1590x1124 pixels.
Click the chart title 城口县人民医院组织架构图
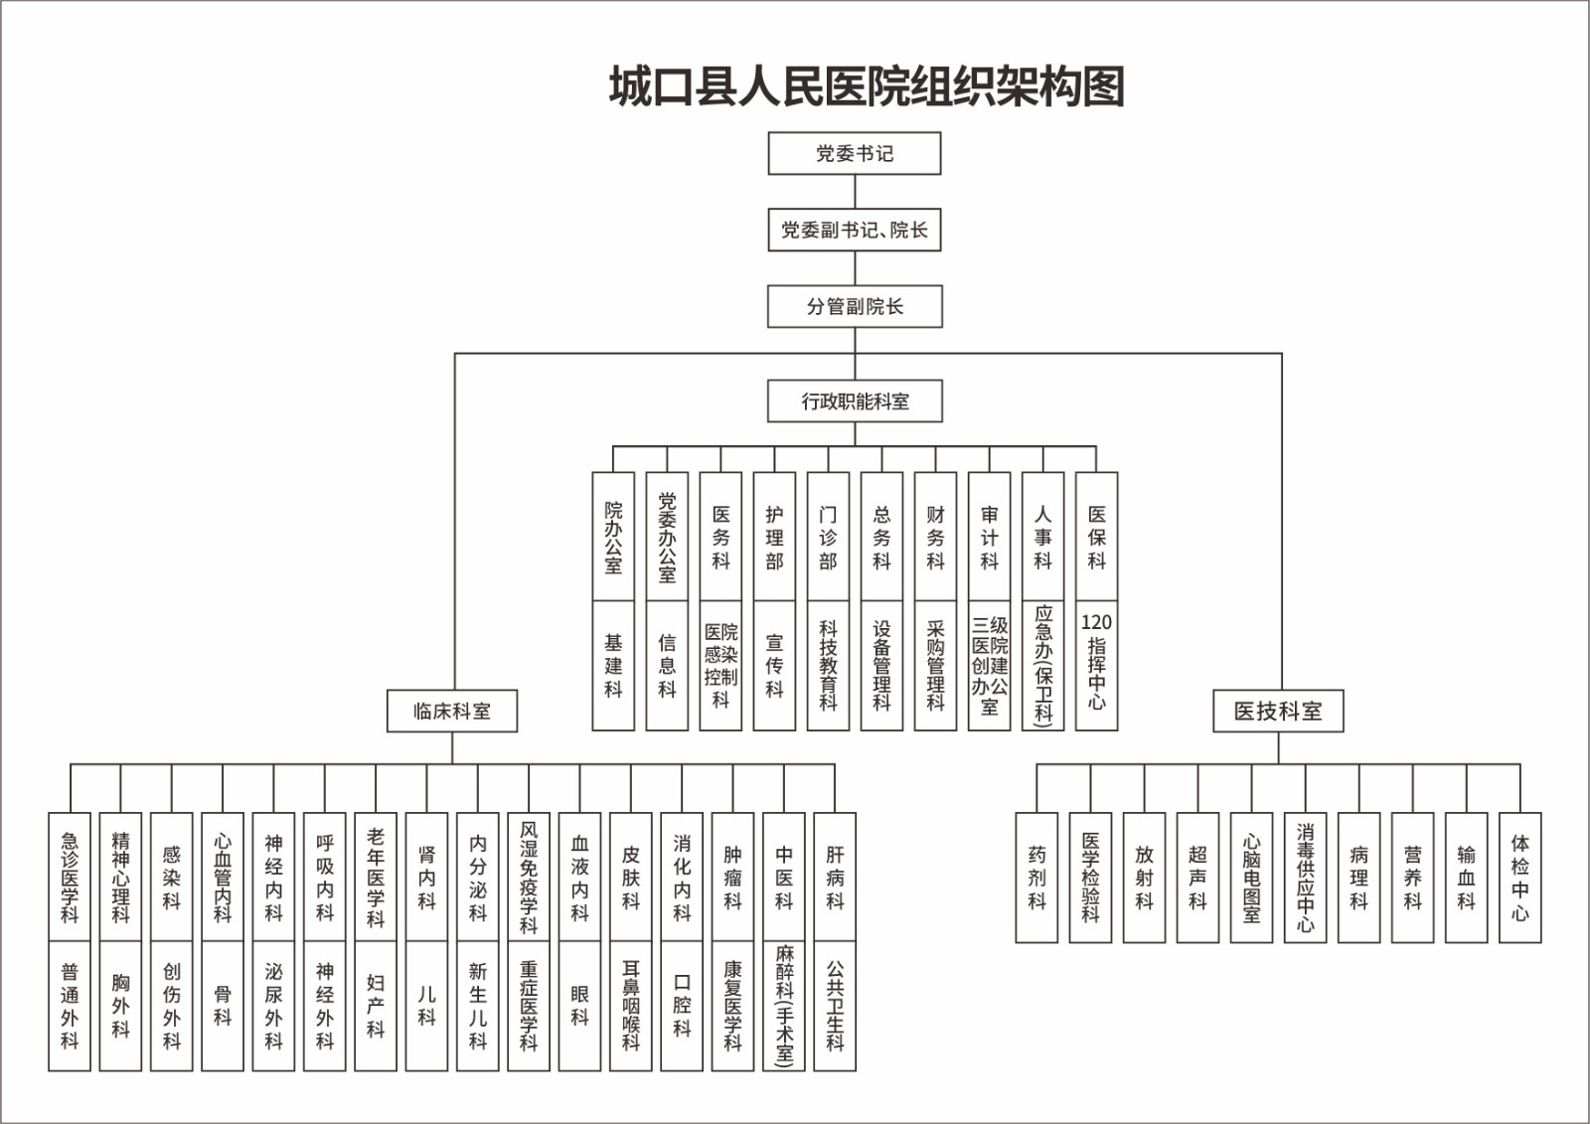[867, 87]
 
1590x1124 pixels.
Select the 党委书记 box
[855, 154]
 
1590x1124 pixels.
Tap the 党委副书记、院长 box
[855, 231]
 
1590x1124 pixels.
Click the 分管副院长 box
[855, 307]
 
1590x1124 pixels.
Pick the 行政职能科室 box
[855, 401]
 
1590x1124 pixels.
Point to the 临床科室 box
[452, 712]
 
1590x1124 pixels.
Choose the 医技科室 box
[1278, 712]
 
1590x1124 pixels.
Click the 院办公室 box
[613, 537]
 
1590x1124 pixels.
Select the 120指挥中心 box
[1096, 665]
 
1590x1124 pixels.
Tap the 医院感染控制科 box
[720, 665]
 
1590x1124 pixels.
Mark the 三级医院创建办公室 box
[989, 665]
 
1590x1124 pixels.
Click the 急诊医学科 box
[70, 877]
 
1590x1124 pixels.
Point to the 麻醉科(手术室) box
[784, 1006]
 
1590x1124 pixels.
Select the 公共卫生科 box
[835, 1006]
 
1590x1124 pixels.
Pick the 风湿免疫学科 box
[529, 877]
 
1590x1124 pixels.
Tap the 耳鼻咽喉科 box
[631, 1006]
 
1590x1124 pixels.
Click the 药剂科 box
[1036, 878]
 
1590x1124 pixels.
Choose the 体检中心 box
[1519, 878]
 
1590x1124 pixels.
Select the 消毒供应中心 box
[1305, 878]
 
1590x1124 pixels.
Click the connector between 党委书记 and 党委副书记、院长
[855, 192]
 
